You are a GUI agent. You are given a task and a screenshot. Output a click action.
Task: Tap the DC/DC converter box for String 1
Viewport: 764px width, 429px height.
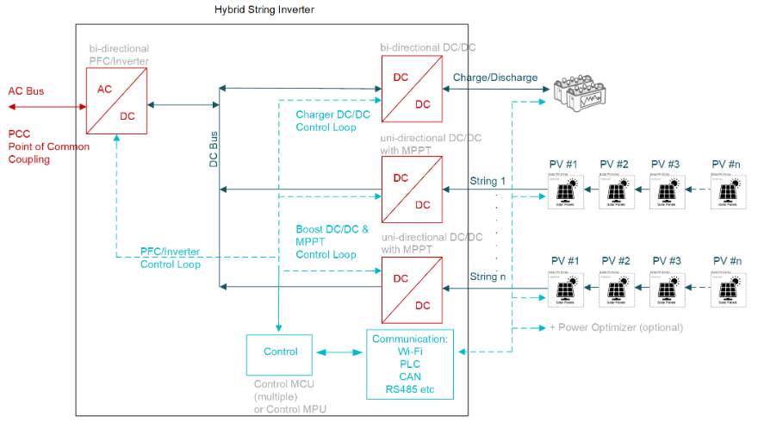click(412, 190)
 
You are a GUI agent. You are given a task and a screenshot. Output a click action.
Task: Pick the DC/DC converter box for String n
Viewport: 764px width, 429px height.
click(412, 291)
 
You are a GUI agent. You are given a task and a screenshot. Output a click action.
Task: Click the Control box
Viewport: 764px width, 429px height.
click(281, 351)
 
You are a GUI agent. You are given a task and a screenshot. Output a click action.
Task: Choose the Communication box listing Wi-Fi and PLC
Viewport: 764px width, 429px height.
click(409, 364)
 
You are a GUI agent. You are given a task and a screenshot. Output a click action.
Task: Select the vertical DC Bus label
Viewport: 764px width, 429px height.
click(213, 151)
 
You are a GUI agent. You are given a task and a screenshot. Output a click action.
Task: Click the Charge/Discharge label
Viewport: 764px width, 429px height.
click(495, 78)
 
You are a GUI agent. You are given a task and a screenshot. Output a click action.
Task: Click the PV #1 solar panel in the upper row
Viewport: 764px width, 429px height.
click(562, 191)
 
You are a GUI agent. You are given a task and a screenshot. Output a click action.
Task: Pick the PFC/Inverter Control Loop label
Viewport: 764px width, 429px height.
click(171, 258)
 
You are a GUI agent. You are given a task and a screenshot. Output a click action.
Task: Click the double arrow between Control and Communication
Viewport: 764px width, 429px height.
click(341, 351)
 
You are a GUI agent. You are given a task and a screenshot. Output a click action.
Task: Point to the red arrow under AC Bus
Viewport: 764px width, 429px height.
click(44, 107)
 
